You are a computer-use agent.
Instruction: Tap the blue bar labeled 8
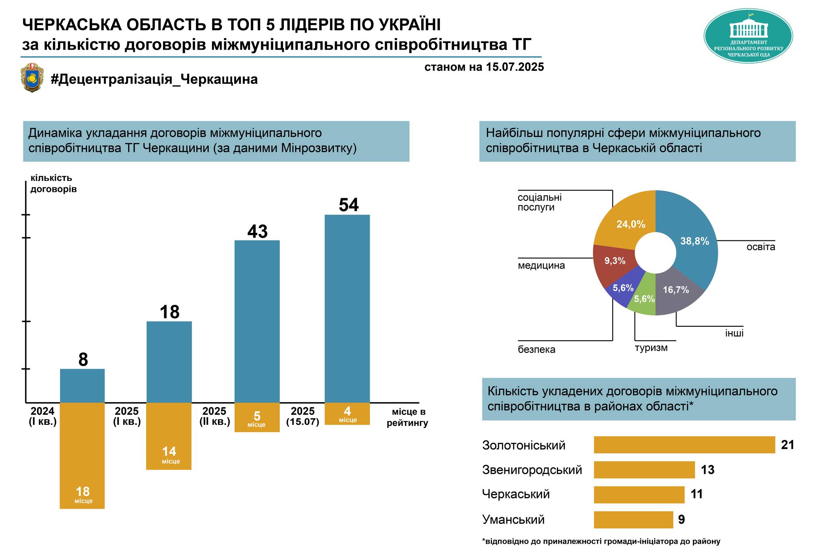click(82, 386)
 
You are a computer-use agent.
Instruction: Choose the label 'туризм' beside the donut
click(651, 348)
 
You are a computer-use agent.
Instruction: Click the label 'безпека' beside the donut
click(536, 350)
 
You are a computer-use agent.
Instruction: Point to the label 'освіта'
click(760, 247)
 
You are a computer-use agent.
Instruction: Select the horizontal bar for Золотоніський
click(684, 445)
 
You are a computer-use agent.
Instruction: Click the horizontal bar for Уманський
click(633, 520)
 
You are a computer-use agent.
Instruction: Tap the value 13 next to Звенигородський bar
click(707, 470)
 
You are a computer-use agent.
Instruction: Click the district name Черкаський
click(516, 494)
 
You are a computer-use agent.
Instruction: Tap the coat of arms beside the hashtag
click(32, 77)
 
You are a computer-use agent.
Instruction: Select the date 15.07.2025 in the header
click(514, 67)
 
